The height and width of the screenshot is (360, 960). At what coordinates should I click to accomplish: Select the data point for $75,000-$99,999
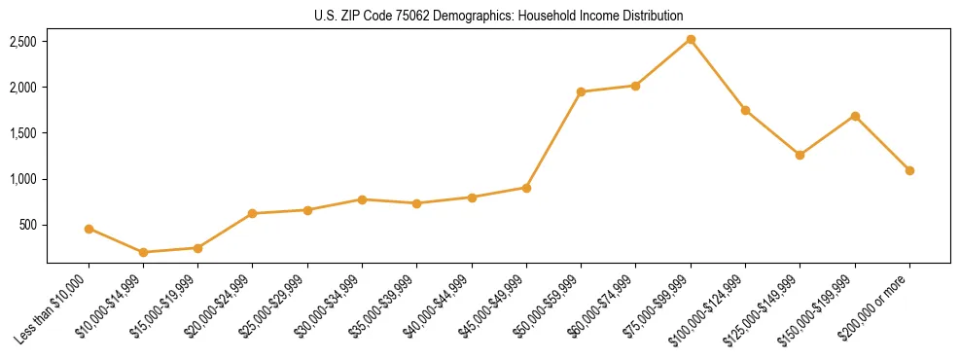pyautogui.click(x=691, y=40)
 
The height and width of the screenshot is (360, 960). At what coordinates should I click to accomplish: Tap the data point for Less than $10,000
pyautogui.click(x=89, y=229)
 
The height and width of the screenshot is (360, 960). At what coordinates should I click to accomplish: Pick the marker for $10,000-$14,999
pyautogui.click(x=143, y=252)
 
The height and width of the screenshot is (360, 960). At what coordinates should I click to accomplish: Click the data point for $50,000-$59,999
pyautogui.click(x=581, y=92)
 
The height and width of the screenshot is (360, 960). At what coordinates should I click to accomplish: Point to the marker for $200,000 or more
pyautogui.click(x=909, y=170)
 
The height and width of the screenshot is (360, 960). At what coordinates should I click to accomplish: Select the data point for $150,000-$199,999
pyautogui.click(x=855, y=116)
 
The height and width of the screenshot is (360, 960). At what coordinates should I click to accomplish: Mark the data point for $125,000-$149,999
pyautogui.click(x=800, y=155)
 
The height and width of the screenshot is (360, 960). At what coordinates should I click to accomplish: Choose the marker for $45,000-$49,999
pyautogui.click(x=526, y=188)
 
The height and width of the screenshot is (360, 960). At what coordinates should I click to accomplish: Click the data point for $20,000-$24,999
pyautogui.click(x=253, y=213)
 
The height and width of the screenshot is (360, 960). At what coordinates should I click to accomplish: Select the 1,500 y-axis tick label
pyautogui.click(x=23, y=133)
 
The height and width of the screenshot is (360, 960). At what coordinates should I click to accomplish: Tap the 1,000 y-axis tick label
pyautogui.click(x=23, y=179)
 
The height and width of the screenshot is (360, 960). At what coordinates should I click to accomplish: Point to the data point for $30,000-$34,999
pyautogui.click(x=362, y=199)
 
